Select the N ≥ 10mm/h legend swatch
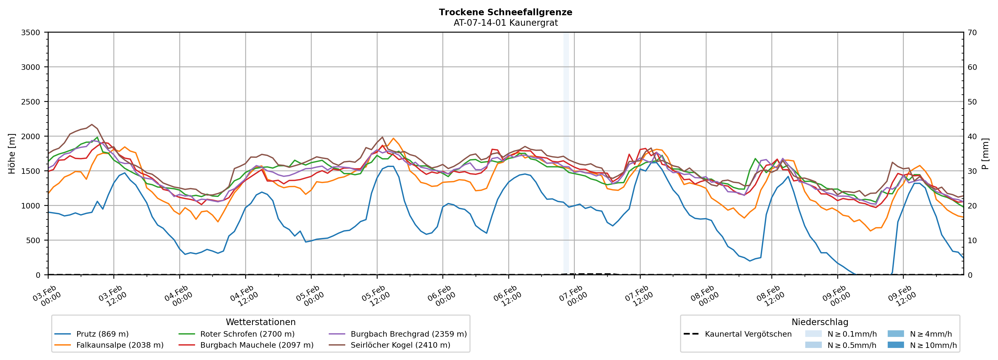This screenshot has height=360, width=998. (896, 345)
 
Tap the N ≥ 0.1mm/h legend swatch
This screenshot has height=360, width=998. (813, 334)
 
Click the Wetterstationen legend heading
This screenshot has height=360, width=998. (260, 322)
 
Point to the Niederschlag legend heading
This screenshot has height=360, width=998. (820, 322)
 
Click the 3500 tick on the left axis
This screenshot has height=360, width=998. (31, 33)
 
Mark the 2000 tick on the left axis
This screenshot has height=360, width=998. (31, 136)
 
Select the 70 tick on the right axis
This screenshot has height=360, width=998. (972, 33)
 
